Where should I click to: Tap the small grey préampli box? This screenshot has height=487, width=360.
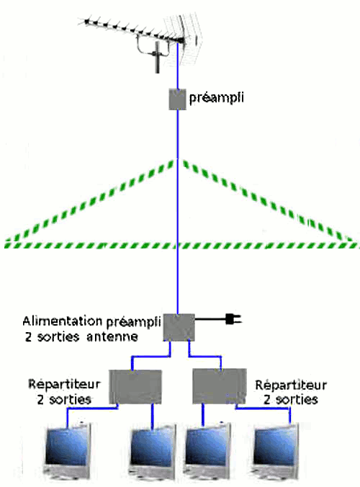point(177,99)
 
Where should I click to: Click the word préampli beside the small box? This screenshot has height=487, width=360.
point(217,97)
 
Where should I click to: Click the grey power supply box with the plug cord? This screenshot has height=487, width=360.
point(179,327)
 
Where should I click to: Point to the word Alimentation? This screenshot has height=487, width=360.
point(63,321)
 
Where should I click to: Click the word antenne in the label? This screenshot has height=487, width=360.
point(112,336)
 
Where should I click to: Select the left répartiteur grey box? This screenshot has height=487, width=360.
point(135,387)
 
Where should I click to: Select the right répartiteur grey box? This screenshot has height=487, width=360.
point(220,386)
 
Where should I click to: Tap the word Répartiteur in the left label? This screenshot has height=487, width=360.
point(64,384)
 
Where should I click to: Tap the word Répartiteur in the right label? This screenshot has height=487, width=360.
point(291,385)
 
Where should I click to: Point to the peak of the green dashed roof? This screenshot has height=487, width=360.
point(178,160)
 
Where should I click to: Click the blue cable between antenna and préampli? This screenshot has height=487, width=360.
point(178,66)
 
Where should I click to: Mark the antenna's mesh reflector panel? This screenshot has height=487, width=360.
point(184,39)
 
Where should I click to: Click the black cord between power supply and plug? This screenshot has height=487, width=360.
point(210,319)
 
